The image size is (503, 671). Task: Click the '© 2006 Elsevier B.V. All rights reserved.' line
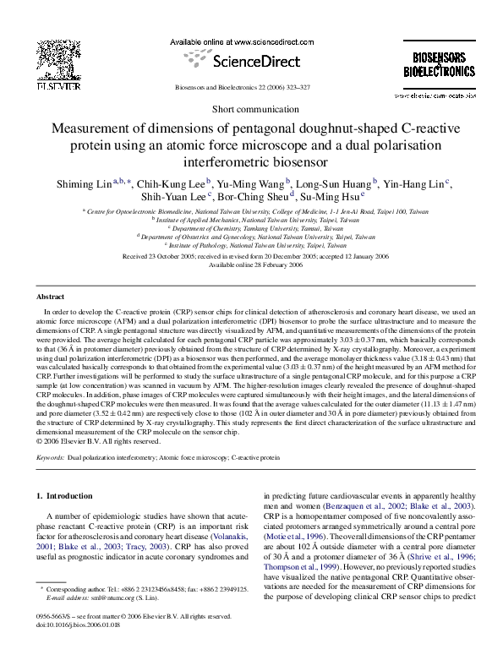(99, 439)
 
